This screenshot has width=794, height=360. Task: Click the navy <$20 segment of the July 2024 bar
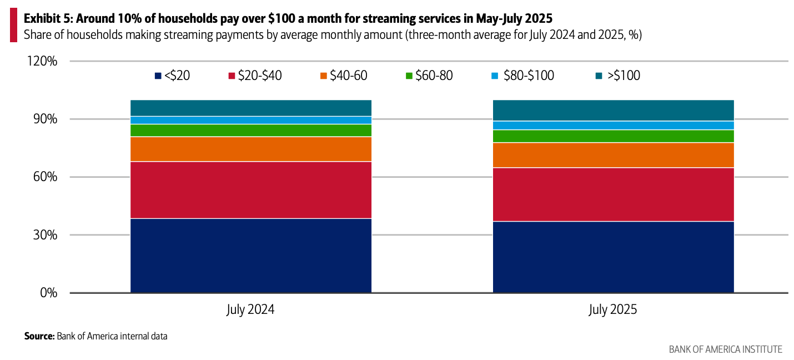[x=250, y=255]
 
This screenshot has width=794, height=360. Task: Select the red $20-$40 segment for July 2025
[x=613, y=194]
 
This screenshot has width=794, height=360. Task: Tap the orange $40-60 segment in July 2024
[x=250, y=149]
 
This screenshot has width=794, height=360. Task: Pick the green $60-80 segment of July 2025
[x=613, y=136]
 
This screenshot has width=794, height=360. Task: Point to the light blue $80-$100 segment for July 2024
[x=250, y=120]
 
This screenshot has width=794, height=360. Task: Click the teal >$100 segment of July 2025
[x=613, y=110]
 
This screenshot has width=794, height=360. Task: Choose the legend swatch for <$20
[x=158, y=76]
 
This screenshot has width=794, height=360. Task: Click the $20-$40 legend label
[x=260, y=76]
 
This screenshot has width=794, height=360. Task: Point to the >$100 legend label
[x=624, y=76]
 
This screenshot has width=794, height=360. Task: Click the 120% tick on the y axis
[x=42, y=61]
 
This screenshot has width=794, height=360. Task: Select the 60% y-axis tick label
[x=44, y=177]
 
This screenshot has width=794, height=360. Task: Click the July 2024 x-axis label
[x=250, y=309]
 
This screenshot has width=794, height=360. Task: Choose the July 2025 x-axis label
[x=613, y=309]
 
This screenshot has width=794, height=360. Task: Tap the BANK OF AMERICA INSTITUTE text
[x=725, y=349]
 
